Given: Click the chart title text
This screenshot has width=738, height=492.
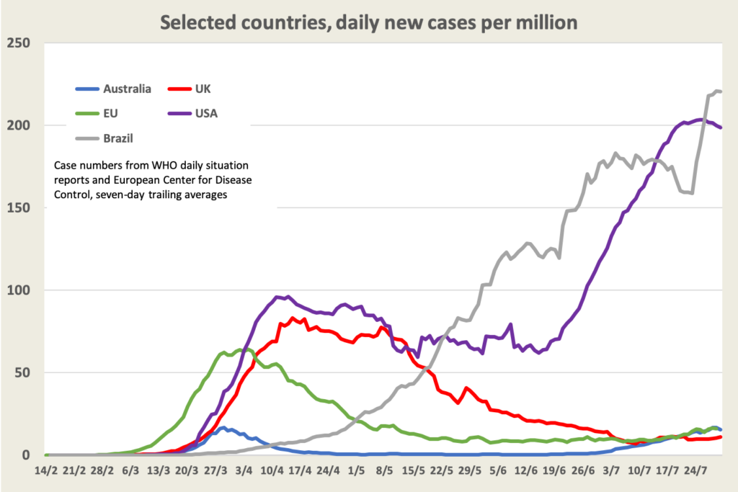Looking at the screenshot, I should (368, 22).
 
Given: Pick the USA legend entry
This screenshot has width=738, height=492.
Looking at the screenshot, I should (205, 113).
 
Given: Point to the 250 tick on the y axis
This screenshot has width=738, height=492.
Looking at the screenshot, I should (19, 43).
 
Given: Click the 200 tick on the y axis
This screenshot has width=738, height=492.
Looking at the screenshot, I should (19, 125).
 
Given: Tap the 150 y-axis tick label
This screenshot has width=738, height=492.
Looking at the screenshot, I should (19, 208).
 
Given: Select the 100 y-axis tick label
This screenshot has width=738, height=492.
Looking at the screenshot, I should (19, 290).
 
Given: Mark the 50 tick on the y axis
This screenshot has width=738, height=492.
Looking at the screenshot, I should (22, 372).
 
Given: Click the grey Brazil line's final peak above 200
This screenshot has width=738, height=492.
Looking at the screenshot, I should (716, 91).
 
